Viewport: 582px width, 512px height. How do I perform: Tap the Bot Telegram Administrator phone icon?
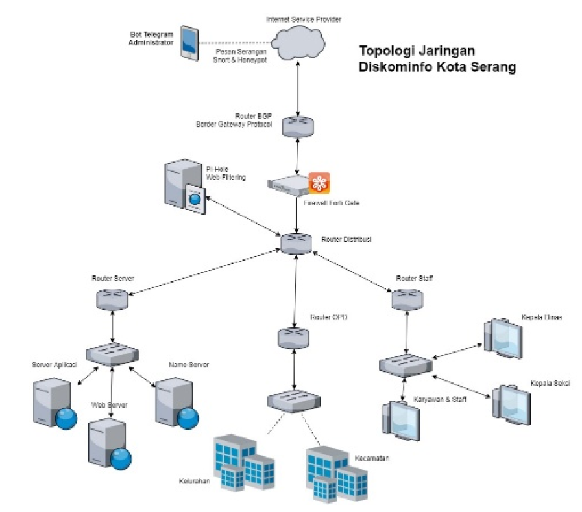pyautogui.click(x=189, y=43)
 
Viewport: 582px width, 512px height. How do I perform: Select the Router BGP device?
pyautogui.click(x=297, y=125)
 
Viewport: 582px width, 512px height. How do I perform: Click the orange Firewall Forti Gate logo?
pyautogui.click(x=319, y=183)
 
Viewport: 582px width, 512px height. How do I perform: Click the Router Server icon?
pyautogui.click(x=113, y=299)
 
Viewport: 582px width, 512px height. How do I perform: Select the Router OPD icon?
pyautogui.click(x=293, y=338)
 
